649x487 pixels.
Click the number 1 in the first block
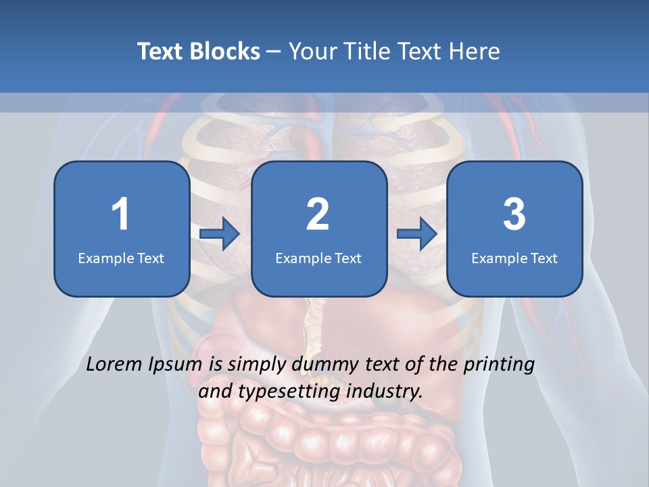(120, 214)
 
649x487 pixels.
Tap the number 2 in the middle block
(318, 214)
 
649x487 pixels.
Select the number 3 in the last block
(514, 214)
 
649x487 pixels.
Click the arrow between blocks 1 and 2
(220, 234)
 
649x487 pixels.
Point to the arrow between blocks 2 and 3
(417, 234)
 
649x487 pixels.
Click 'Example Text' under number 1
(121, 258)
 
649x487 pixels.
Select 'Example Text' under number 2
(318, 258)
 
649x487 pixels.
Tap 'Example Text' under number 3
(514, 258)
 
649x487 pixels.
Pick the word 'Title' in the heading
(364, 51)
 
